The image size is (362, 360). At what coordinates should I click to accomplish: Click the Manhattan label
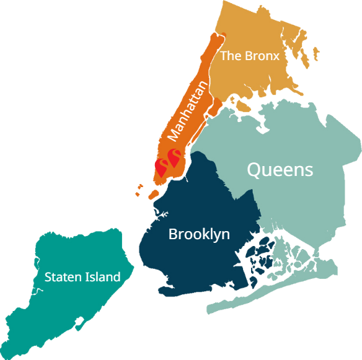tap(188, 108)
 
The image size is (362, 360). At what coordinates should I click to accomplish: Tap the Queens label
tap(280, 169)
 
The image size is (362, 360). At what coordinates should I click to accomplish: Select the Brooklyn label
tap(199, 234)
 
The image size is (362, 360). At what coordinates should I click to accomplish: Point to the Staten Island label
tap(82, 277)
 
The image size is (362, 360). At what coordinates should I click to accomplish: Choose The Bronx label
tap(250, 56)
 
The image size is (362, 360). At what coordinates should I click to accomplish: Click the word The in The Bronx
tap(231, 56)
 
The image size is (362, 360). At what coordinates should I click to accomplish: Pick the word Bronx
tap(262, 56)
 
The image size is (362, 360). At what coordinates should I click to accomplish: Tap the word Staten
tap(61, 277)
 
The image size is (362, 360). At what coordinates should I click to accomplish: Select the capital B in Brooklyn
tap(173, 234)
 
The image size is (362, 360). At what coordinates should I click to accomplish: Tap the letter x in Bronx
tap(276, 56)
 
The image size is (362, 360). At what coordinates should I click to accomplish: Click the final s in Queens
tap(308, 170)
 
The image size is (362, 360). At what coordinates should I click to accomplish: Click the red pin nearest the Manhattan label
tap(174, 157)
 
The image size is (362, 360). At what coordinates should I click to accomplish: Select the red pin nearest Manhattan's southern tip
tap(162, 166)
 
